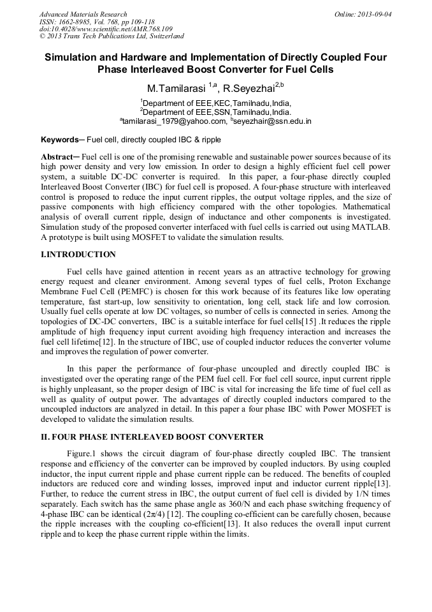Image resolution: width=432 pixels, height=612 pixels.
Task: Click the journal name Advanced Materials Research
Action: [x=83, y=14]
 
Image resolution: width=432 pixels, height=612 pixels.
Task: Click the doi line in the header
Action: [x=105, y=29]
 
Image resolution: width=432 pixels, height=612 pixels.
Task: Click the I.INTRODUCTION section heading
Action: [x=78, y=254]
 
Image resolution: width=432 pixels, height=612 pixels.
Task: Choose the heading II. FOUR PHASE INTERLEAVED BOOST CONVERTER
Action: [x=152, y=437]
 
